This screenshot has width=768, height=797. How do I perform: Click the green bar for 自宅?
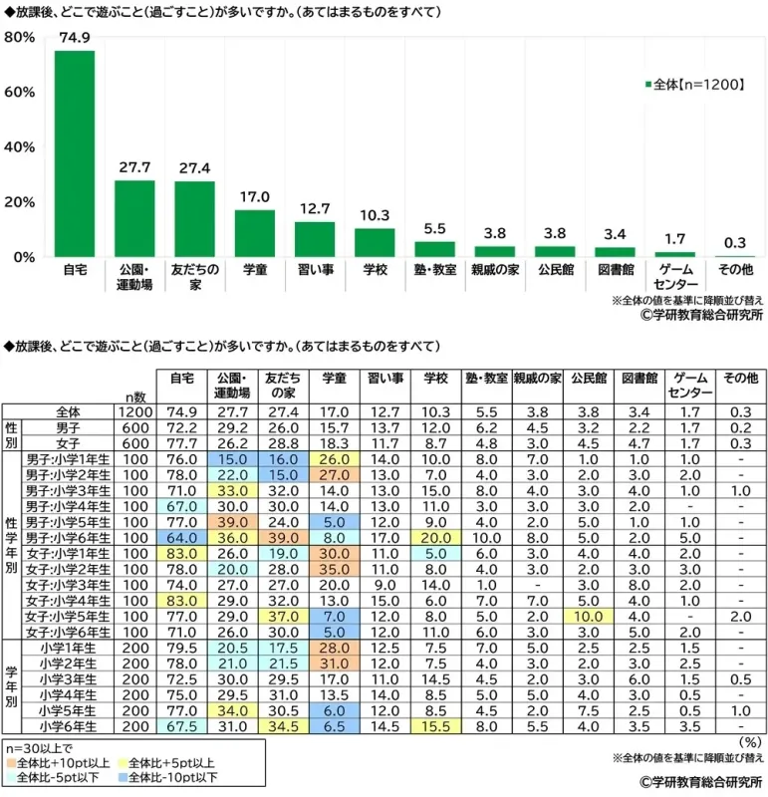75,154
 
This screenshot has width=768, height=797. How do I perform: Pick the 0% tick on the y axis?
24,257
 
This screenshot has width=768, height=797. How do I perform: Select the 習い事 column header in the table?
385,379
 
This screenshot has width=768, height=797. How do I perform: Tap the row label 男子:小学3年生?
65,490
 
